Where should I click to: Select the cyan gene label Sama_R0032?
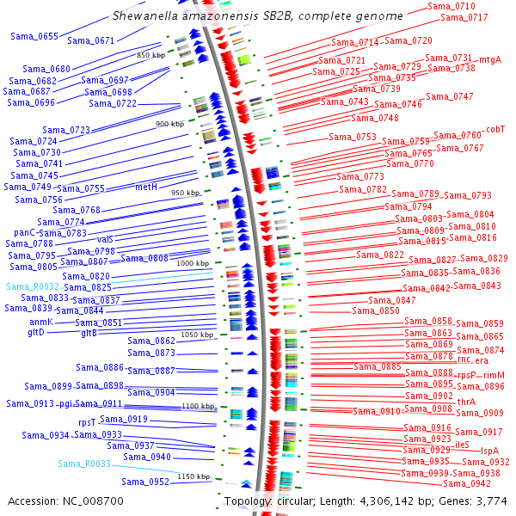[x=34, y=286]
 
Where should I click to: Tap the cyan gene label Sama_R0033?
[x=84, y=464]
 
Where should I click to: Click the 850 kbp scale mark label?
[x=150, y=55]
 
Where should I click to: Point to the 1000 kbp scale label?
[x=192, y=262]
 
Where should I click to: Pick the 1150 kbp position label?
[x=193, y=476]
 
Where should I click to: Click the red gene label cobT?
[x=496, y=129]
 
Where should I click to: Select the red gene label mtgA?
[x=490, y=59]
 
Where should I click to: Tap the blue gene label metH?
[x=146, y=187]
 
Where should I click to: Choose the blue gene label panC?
[x=26, y=232]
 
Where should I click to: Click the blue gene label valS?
[x=105, y=239]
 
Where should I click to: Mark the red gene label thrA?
[x=466, y=402]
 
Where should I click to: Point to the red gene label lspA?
[x=489, y=451]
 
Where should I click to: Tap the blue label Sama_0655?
[x=35, y=36]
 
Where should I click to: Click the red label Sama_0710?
[x=452, y=7]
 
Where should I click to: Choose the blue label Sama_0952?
[x=145, y=482]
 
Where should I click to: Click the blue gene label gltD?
[x=36, y=332]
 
